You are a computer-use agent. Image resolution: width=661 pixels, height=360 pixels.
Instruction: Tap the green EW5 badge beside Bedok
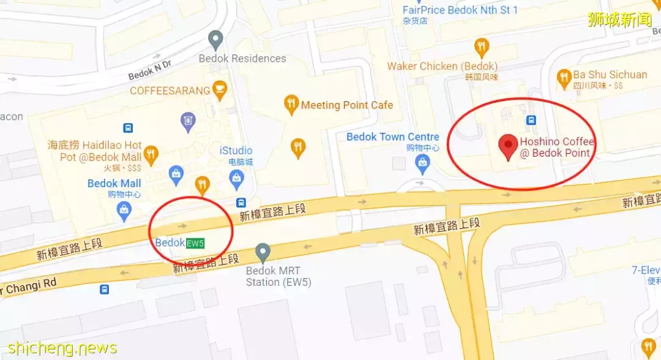pyautogui.click(x=195, y=243)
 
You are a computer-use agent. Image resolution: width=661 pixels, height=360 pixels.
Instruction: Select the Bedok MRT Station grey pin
pyautogui.click(x=263, y=252)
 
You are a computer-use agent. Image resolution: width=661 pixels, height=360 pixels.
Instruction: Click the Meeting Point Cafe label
pyautogui.click(x=346, y=105)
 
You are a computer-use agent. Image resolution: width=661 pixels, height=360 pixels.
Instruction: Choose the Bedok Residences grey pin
pyautogui.click(x=215, y=40)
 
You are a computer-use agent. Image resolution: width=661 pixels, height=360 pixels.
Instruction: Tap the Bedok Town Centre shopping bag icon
pyautogui.click(x=422, y=162)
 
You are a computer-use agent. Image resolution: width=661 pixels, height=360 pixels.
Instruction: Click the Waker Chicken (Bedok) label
pyautogui.click(x=442, y=66)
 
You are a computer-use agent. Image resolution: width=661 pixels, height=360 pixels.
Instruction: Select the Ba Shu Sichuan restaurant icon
pyautogui.click(x=564, y=77)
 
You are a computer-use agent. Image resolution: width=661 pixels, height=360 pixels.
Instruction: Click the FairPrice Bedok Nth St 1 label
pyautogui.click(x=460, y=10)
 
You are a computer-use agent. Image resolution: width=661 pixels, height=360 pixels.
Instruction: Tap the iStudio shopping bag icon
pyautogui.click(x=236, y=178)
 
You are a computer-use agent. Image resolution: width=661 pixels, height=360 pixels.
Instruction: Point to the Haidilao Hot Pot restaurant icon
pyautogui.click(x=151, y=152)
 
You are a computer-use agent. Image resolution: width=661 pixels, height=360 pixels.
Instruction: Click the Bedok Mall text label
pyautogui.click(x=114, y=184)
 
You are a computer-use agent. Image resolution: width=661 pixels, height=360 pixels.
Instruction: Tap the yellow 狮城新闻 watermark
pyautogui.click(x=620, y=20)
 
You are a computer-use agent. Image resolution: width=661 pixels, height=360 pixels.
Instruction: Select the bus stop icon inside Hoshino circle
pyautogui.click(x=531, y=120)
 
